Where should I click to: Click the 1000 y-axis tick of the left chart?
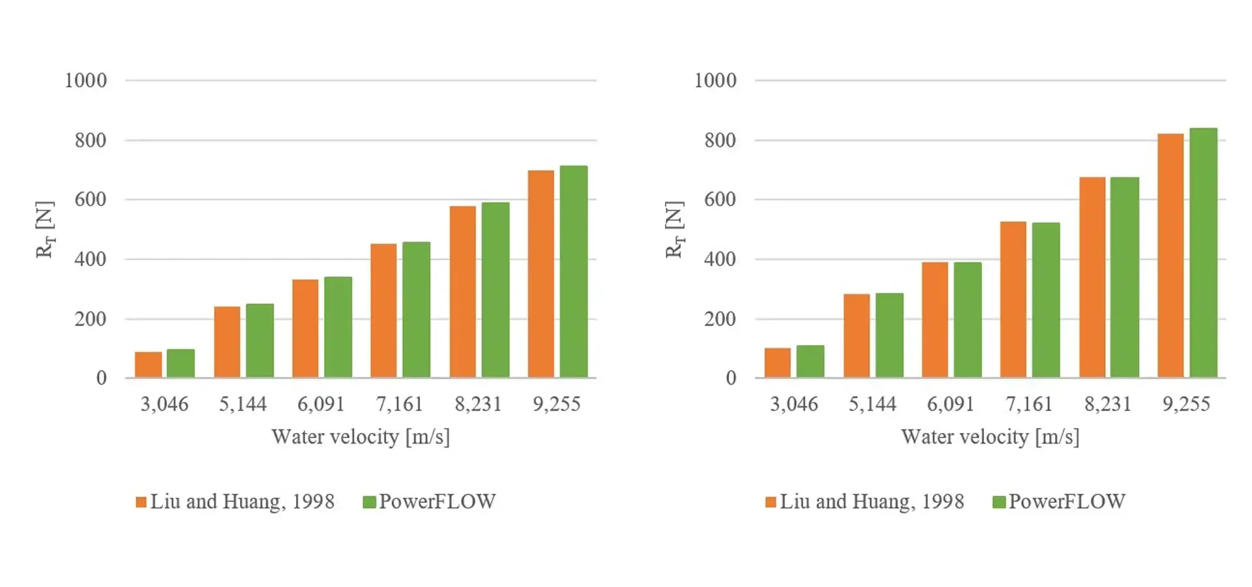click(x=85, y=81)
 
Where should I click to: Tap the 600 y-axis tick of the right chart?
click(x=719, y=200)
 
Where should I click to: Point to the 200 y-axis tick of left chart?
click(x=90, y=319)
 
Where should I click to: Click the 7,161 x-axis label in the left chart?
click(x=399, y=404)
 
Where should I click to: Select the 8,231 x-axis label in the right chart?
click(x=1107, y=404)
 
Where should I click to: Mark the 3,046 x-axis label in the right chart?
click(x=794, y=404)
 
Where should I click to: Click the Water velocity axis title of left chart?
click(x=361, y=437)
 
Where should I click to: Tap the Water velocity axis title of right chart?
click(x=990, y=437)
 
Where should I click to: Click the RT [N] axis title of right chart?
click(x=674, y=230)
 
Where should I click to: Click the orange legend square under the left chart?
click(x=141, y=502)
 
